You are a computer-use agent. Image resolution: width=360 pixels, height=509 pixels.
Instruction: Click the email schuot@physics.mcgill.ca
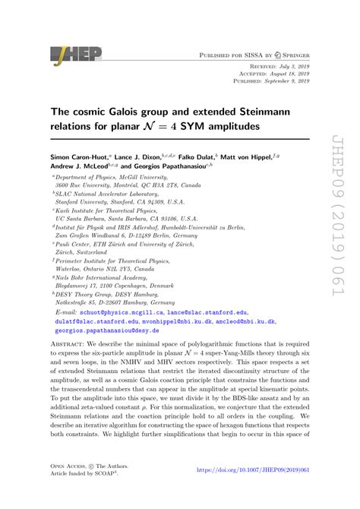click(123, 311)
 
